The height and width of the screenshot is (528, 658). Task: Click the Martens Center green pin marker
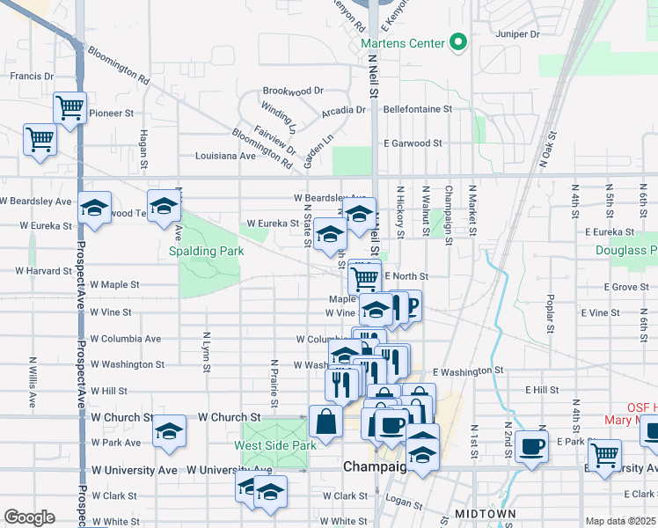pyautogui.click(x=457, y=41)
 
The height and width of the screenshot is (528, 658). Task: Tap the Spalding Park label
pyautogui.click(x=207, y=251)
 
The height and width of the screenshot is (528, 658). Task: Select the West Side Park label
pyautogui.click(x=274, y=445)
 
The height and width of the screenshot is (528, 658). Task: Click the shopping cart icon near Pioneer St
pyautogui.click(x=69, y=108)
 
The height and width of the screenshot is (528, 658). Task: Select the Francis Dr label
pyautogui.click(x=32, y=77)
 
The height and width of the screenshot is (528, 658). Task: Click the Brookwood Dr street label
pyautogui.click(x=293, y=91)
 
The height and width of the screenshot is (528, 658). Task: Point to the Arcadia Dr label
pyautogui.click(x=343, y=111)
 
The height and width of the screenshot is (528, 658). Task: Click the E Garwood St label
pyautogui.click(x=413, y=143)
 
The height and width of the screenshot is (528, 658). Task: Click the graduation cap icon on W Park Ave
pyautogui.click(x=169, y=431)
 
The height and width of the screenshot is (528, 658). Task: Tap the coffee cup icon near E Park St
pyautogui.click(x=530, y=445)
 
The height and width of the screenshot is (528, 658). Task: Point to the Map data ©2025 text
pyautogui.click(x=621, y=521)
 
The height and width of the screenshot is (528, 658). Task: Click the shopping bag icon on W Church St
pyautogui.click(x=325, y=422)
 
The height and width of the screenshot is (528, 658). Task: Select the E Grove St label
pyautogui.click(x=625, y=287)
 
